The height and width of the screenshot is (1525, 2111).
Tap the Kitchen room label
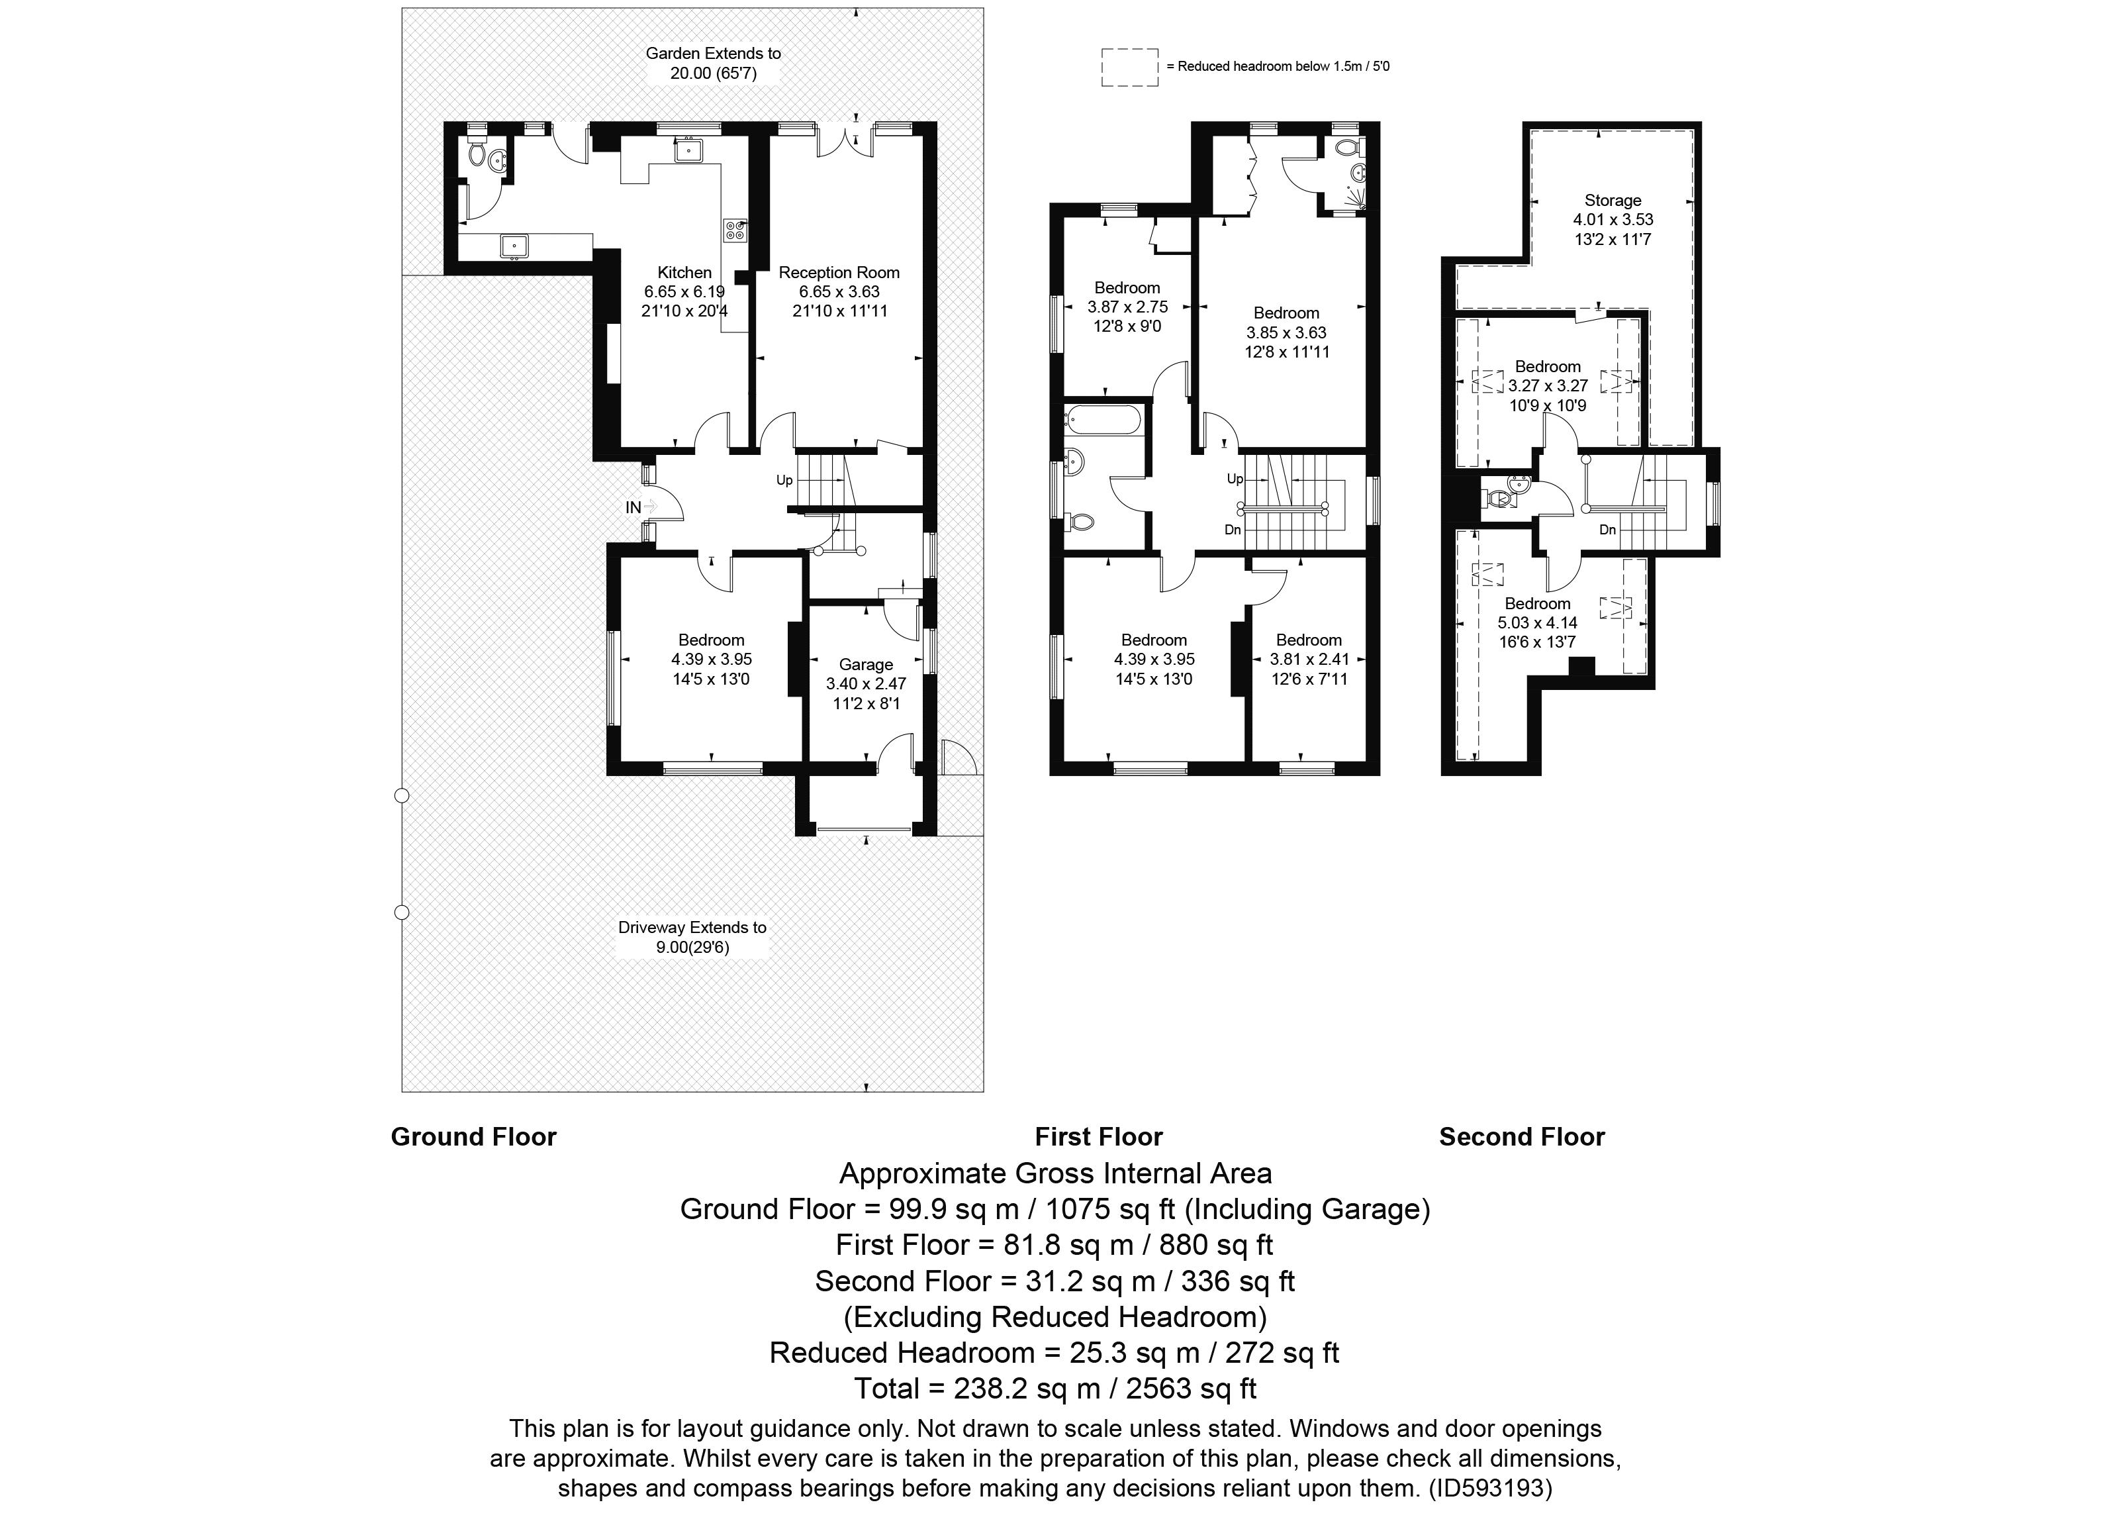click(684, 273)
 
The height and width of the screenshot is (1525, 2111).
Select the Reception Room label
click(839, 273)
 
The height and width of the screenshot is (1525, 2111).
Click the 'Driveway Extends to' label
click(692, 927)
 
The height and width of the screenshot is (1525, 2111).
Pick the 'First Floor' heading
click(1098, 1137)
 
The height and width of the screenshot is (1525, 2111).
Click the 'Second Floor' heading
click(1522, 1137)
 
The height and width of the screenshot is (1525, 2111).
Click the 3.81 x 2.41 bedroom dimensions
click(1309, 659)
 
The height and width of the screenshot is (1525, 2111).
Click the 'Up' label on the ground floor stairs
click(784, 480)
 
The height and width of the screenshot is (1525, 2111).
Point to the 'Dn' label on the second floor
click(1607, 530)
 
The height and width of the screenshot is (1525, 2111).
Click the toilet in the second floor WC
click(1499, 500)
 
